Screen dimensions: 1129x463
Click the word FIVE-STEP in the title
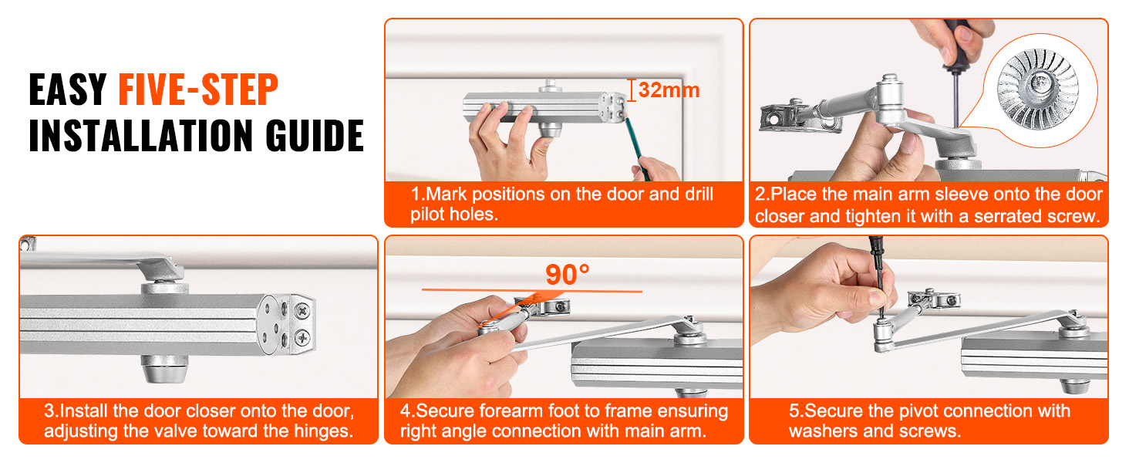(x=198, y=90)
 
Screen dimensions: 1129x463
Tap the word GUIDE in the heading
(x=315, y=135)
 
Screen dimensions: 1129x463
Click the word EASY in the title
(x=68, y=90)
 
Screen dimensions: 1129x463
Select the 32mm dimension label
(x=669, y=90)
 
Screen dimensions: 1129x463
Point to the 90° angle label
(x=567, y=275)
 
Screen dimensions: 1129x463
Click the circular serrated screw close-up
(x=1040, y=91)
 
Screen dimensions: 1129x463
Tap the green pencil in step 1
(x=635, y=144)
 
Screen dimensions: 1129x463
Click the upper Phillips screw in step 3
(x=302, y=311)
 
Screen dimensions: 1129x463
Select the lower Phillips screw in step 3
(x=302, y=337)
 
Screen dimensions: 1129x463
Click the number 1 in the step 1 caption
(x=416, y=194)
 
